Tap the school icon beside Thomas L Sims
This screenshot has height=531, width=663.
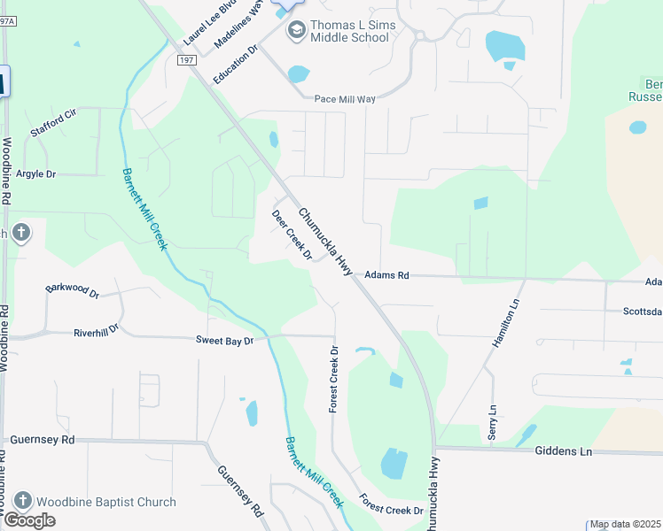tap(295, 31)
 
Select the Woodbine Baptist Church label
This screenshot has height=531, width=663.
tap(106, 502)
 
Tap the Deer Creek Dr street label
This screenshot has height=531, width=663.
tap(292, 235)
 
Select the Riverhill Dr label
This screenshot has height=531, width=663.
tap(96, 334)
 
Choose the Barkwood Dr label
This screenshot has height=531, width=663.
tap(73, 289)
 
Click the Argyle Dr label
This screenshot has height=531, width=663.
tap(35, 174)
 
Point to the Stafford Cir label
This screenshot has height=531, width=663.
tap(54, 120)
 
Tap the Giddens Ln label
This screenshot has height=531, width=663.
tap(563, 450)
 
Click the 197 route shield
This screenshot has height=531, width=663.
tap(186, 60)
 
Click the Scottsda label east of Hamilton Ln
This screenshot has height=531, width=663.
tap(642, 312)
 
